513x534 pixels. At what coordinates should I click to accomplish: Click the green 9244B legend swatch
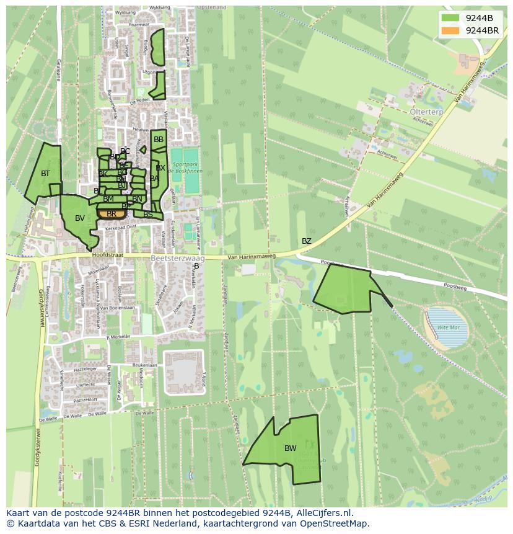(450, 17)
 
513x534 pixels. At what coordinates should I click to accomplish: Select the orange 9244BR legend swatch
(450, 30)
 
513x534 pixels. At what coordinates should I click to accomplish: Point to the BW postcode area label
(290, 448)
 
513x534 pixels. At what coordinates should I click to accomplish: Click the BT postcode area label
(45, 174)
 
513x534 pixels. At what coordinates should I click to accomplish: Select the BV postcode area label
(80, 218)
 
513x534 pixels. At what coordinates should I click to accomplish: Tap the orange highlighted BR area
(112, 214)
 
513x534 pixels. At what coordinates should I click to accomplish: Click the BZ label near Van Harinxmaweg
(307, 241)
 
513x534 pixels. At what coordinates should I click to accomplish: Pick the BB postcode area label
(159, 140)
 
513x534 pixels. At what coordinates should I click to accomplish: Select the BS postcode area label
(148, 215)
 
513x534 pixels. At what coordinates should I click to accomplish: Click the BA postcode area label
(154, 179)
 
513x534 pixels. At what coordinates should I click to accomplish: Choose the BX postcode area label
(160, 168)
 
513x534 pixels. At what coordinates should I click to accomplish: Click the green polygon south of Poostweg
(347, 288)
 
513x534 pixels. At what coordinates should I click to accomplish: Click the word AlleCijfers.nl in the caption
(323, 514)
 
